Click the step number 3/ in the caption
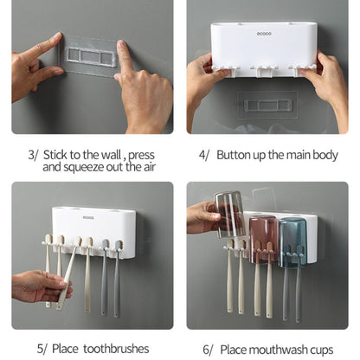pyautogui.click(x=33, y=155)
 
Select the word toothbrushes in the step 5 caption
pyautogui.click(x=116, y=349)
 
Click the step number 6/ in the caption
pyautogui.click(x=208, y=350)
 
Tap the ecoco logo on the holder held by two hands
pyautogui.click(x=264, y=34)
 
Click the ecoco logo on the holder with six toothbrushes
pyautogui.click(x=88, y=217)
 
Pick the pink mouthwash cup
pyautogui.click(x=263, y=240)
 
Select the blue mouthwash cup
pyautogui.click(x=292, y=243)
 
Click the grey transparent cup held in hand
pyautogui.click(x=229, y=215)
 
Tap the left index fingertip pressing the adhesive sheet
pyautogui.click(x=58, y=35)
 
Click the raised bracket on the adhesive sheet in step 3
pyautogui.click(x=90, y=55)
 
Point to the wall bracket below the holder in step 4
pyautogui.click(x=267, y=106)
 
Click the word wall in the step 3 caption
pyautogui.click(x=111, y=155)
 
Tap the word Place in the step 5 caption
pyautogui.click(x=65, y=349)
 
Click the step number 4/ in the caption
pyautogui.click(x=203, y=155)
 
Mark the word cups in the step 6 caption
pyautogui.click(x=322, y=350)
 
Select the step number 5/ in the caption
pyautogui.click(x=42, y=349)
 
